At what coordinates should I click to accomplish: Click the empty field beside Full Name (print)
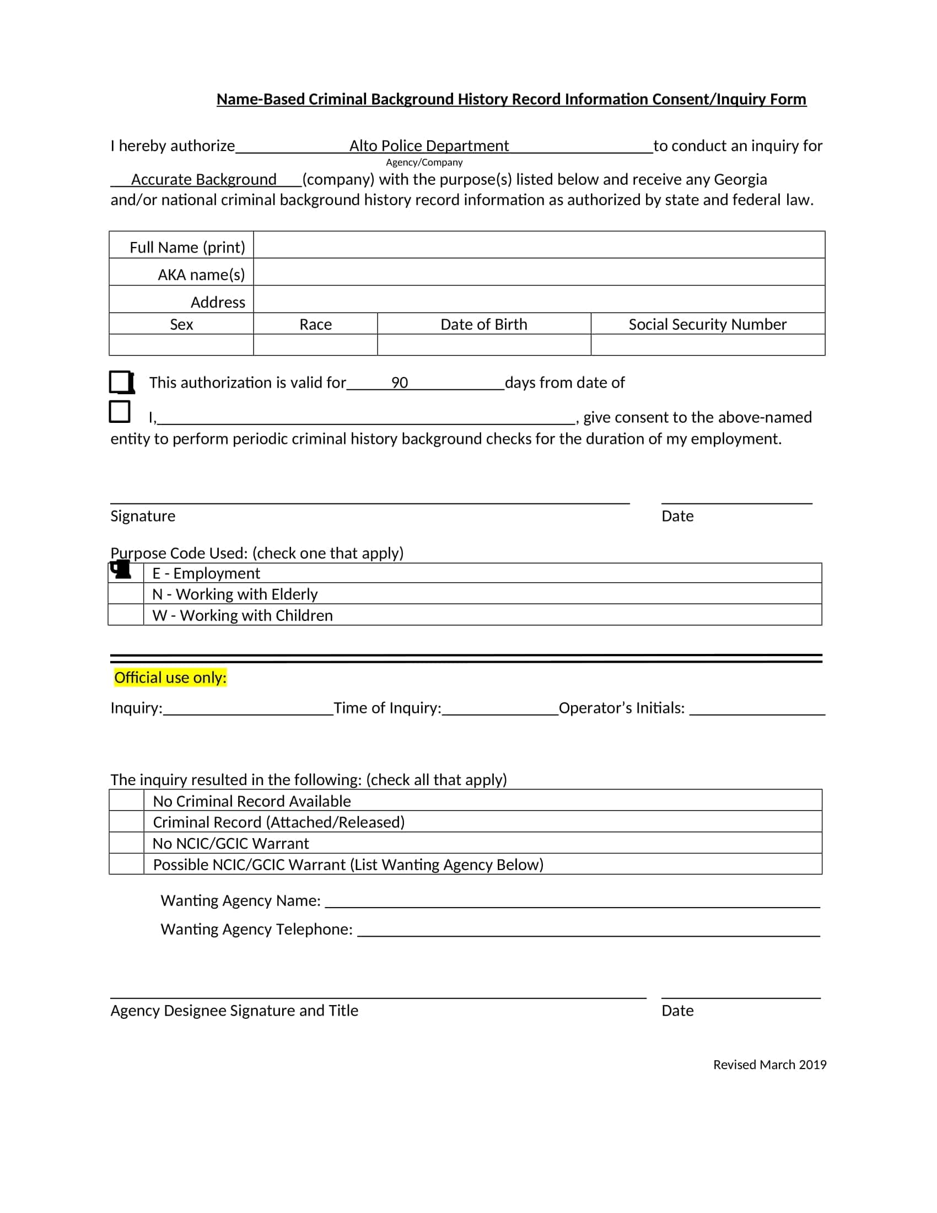[x=538, y=245]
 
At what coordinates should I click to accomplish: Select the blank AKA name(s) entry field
[x=538, y=272]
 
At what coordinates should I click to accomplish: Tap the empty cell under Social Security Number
[x=707, y=345]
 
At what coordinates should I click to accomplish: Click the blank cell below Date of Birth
[x=483, y=345]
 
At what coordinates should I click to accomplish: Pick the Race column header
[x=315, y=324]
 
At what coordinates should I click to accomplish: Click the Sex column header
[x=181, y=324]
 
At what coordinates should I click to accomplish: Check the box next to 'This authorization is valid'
[x=120, y=382]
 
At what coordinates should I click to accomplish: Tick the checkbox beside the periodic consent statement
[x=120, y=411]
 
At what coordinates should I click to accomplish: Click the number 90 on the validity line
[x=399, y=383]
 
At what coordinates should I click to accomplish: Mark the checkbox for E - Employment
[x=126, y=573]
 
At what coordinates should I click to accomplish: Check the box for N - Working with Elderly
[x=126, y=594]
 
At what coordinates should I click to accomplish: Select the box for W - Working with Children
[x=126, y=615]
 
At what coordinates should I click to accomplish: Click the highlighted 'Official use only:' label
[x=170, y=678]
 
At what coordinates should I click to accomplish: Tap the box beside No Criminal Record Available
[x=126, y=801]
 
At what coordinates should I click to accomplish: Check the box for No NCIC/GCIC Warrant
[x=126, y=842]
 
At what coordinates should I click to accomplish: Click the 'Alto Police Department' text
[x=428, y=146]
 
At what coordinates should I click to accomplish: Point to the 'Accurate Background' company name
[x=203, y=179]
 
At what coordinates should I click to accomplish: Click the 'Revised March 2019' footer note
[x=769, y=1065]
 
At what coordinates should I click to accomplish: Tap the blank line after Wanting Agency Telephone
[x=589, y=931]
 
